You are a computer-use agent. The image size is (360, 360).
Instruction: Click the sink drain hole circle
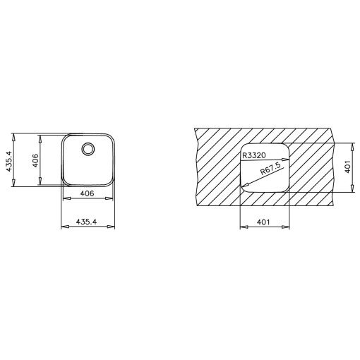tap(88, 149)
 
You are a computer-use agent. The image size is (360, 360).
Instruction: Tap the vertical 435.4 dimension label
tap(8, 162)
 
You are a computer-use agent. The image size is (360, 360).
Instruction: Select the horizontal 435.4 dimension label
tap(86, 222)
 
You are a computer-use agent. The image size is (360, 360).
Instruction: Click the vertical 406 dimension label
tap(35, 160)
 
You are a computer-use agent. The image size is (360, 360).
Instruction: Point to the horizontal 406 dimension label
tap(87, 193)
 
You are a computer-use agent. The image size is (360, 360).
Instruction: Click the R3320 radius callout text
tap(254, 155)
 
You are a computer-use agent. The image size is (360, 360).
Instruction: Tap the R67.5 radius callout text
tap(270, 169)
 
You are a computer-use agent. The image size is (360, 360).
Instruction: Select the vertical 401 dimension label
tap(348, 167)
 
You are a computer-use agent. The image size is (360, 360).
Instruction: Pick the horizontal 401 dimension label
tap(263, 222)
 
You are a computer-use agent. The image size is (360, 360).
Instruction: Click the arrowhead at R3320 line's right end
tap(285, 160)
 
